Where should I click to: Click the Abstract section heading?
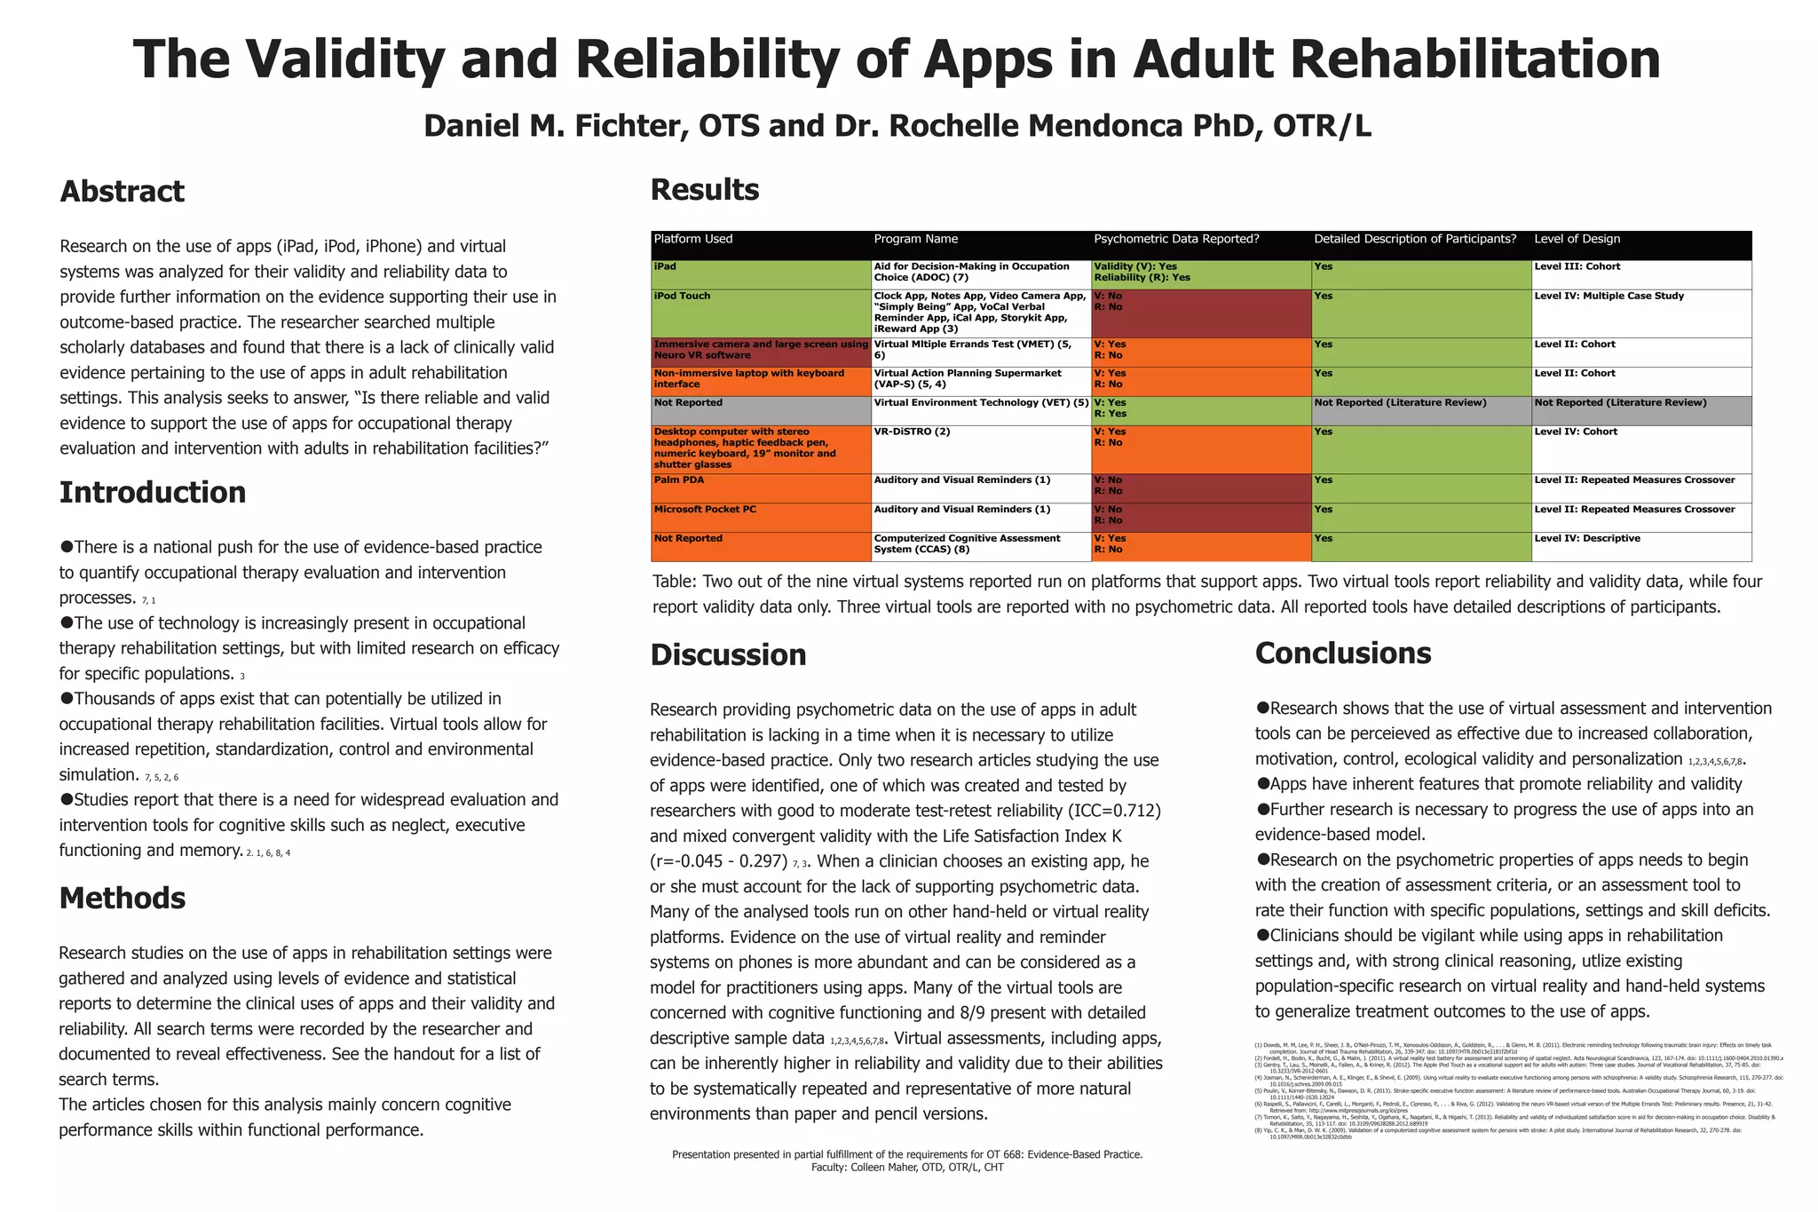[122, 192]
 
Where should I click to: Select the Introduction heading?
[153, 493]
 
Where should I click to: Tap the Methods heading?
[123, 899]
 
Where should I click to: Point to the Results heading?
[705, 190]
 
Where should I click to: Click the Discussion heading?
[728, 655]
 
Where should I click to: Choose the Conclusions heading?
[1343, 654]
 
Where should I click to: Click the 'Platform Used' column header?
[693, 239]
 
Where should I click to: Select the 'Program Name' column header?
[916, 239]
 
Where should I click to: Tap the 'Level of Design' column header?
[1577, 239]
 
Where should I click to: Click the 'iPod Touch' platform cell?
[682, 297]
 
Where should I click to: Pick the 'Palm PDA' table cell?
[679, 480]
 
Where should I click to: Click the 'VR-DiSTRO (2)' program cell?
[912, 432]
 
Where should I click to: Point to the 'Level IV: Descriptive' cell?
[1587, 539]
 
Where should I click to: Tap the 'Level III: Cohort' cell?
[1577, 267]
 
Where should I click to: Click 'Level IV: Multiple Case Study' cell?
[1609, 297]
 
